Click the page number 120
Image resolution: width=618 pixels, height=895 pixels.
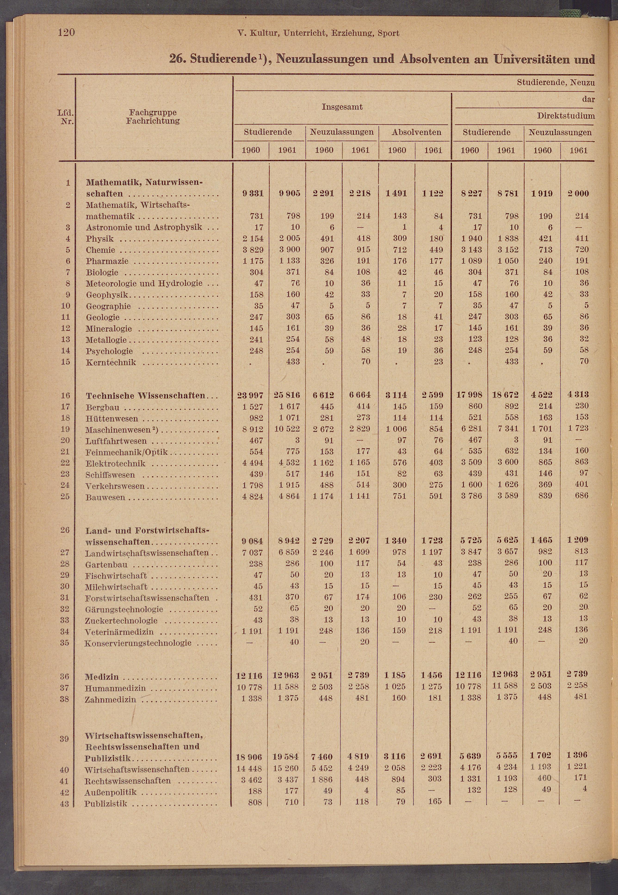coord(66,33)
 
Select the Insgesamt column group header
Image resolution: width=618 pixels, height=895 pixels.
coord(342,107)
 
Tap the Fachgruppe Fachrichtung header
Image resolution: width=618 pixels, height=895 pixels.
coord(153,117)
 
